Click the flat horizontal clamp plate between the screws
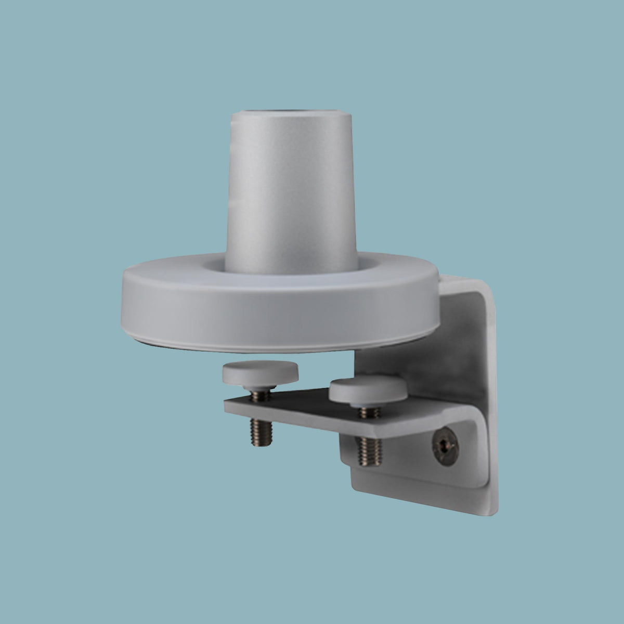click(x=312, y=411)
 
